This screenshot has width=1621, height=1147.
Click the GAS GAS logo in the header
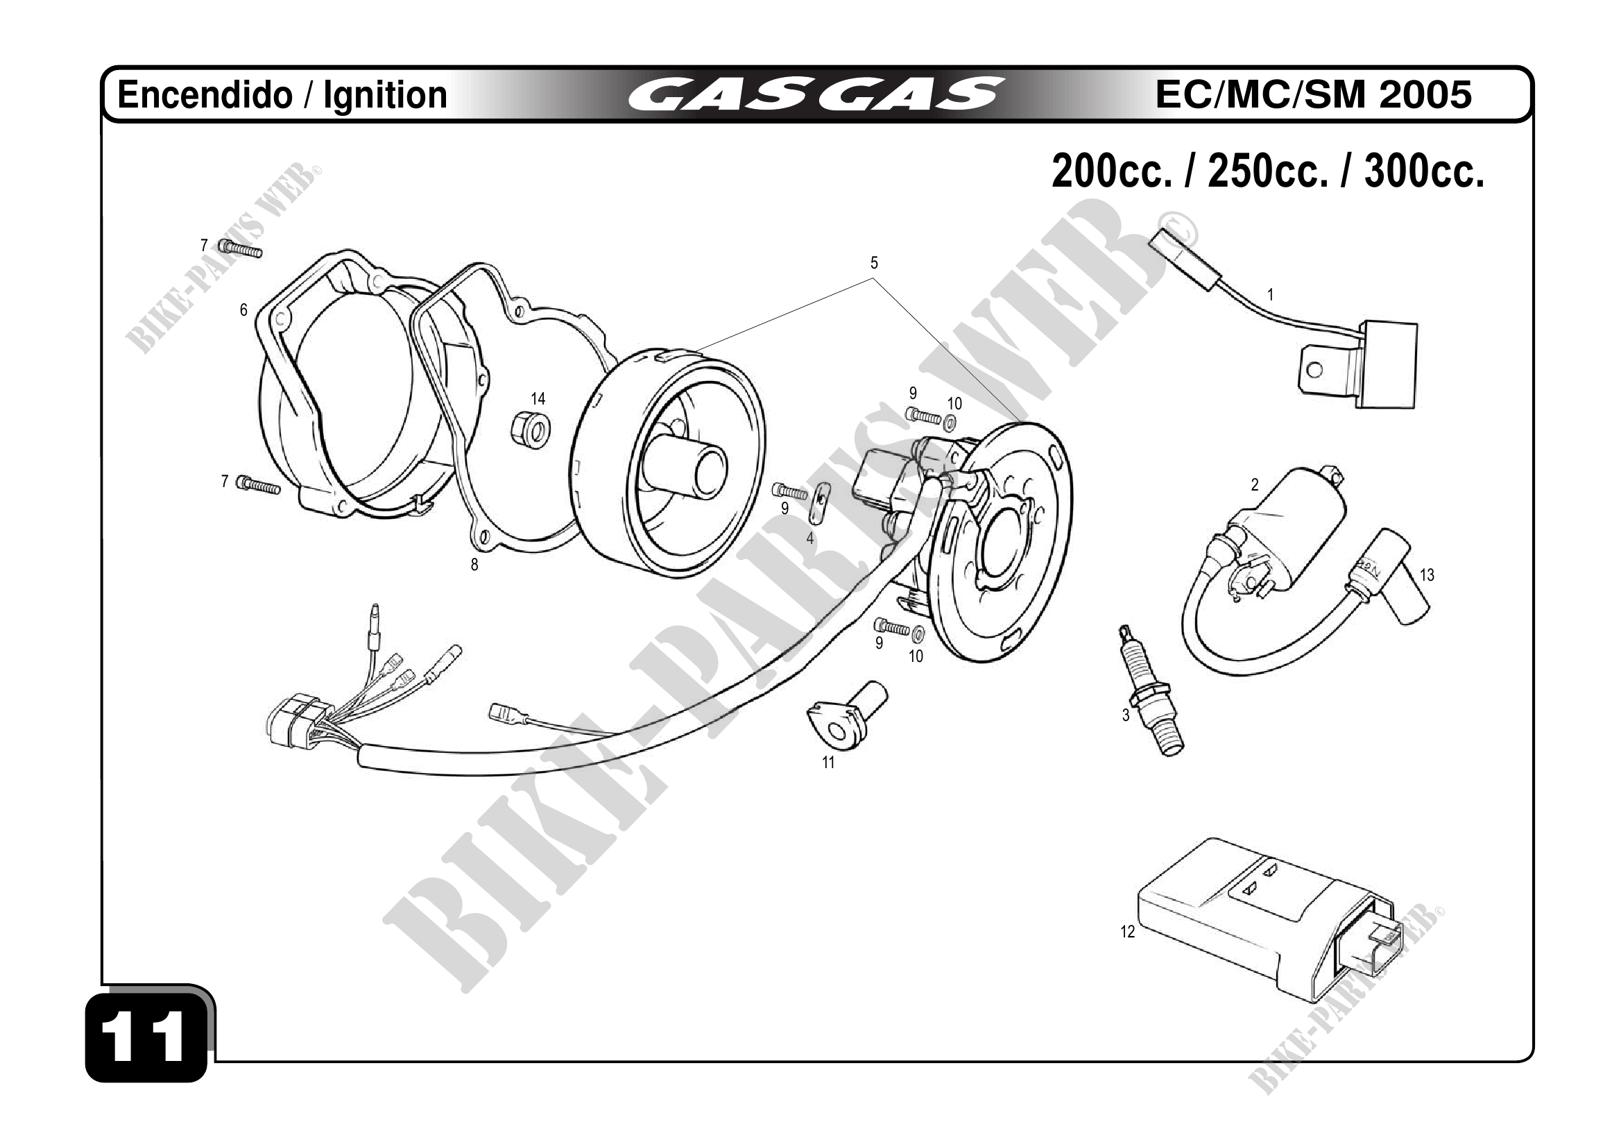point(815,95)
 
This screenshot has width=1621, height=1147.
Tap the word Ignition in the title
point(385,95)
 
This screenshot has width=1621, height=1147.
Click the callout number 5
point(874,264)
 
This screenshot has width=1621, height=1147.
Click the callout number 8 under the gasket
point(474,565)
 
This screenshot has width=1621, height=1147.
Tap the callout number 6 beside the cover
point(243,310)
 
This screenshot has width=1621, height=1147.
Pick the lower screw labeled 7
point(259,484)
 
